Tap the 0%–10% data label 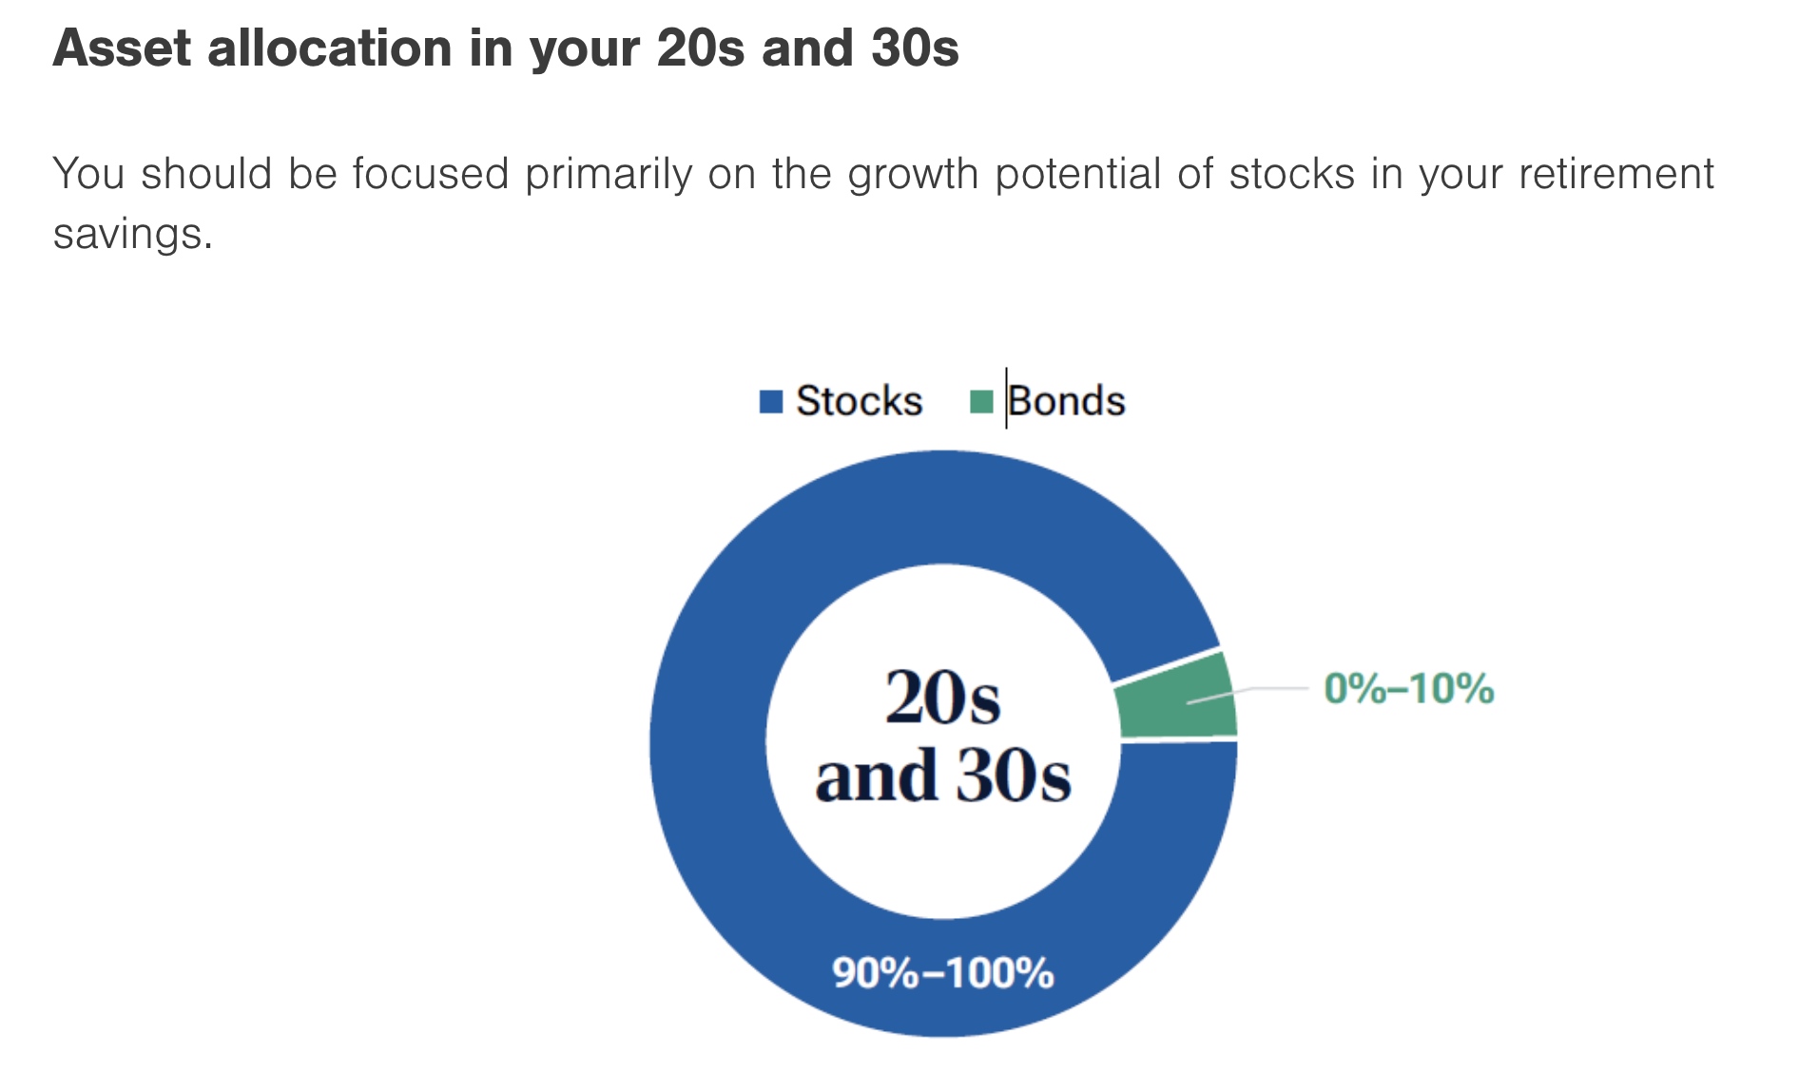pyautogui.click(x=1408, y=689)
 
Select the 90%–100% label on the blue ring pyautogui.click(x=942, y=973)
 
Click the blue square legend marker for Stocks pyautogui.click(x=770, y=401)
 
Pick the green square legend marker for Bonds pyautogui.click(x=980, y=401)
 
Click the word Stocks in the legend pyautogui.click(x=859, y=401)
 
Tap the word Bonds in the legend pyautogui.click(x=1067, y=401)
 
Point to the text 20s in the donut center pyautogui.click(x=941, y=699)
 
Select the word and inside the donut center pyautogui.click(x=876, y=776)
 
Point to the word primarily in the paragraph pyautogui.click(x=609, y=175)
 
